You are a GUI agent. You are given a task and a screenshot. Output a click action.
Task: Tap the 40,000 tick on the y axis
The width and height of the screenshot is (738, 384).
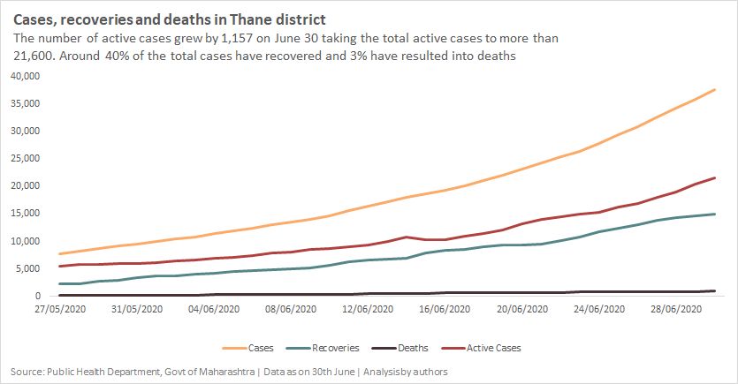(x=25, y=76)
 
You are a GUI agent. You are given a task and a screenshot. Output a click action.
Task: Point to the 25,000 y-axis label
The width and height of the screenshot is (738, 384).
(x=25, y=159)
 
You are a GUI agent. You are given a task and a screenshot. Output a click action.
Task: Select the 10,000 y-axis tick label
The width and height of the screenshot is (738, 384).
(x=25, y=241)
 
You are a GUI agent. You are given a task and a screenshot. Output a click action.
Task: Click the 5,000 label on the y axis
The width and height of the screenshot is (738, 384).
(x=27, y=268)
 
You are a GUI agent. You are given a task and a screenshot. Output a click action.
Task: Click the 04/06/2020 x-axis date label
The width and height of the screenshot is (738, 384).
(x=214, y=308)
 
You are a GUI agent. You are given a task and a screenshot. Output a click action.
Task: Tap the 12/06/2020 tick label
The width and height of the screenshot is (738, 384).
(x=366, y=308)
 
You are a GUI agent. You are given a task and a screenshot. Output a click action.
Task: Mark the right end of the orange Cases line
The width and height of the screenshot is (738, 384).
(x=715, y=90)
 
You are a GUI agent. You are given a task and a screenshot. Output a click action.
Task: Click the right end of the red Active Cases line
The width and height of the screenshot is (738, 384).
(x=715, y=178)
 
